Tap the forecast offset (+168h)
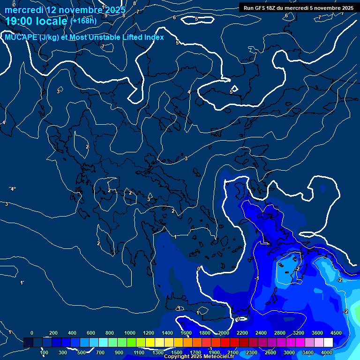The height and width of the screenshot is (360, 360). (x=83, y=21)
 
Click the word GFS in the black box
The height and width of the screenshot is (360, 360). (x=260, y=8)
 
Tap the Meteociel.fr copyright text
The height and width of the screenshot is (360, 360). (x=199, y=357)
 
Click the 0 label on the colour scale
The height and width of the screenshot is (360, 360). (x=32, y=333)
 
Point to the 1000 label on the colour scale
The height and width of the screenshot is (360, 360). (x=130, y=333)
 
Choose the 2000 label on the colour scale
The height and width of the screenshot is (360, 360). (x=224, y=333)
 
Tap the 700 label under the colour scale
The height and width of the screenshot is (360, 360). (x=101, y=352)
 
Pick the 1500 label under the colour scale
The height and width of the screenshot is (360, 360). (x=176, y=352)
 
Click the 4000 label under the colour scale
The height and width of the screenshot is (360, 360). (x=327, y=352)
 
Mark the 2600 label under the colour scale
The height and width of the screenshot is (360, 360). (x=270, y=352)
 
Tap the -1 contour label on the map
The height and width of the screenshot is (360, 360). (x=256, y=278)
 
